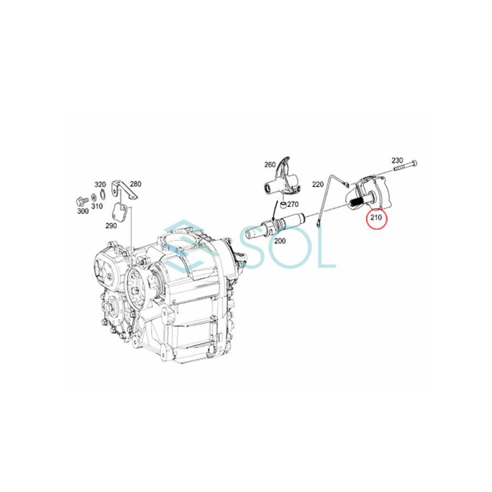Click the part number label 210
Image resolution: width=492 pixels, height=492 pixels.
click(376, 218)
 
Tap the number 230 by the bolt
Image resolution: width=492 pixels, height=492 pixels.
click(397, 160)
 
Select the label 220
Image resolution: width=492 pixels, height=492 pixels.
click(319, 184)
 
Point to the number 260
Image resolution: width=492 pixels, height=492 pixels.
click(270, 165)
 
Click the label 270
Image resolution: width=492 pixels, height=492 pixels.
click(292, 204)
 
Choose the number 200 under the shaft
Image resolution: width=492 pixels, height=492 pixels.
click(279, 241)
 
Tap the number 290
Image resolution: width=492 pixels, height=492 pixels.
click(111, 225)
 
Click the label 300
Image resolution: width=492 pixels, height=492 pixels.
click(83, 211)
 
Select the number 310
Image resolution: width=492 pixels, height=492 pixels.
click(97, 206)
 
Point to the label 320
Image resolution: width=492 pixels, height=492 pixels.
click(99, 184)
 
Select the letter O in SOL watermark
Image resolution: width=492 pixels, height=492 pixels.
click(292, 249)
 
